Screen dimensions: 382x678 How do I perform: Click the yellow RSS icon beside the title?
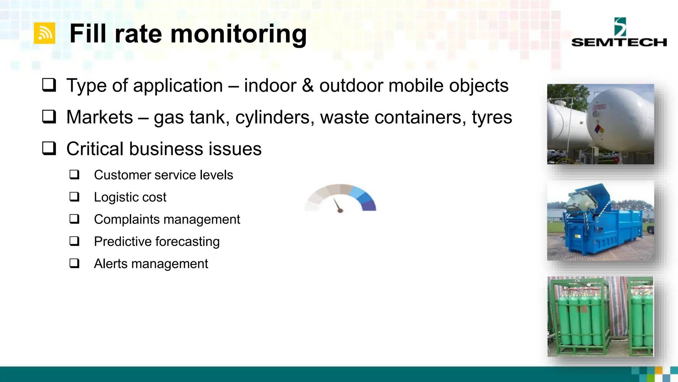click(44, 33)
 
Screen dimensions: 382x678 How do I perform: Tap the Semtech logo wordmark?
click(619, 42)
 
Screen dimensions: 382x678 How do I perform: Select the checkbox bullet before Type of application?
click(49, 85)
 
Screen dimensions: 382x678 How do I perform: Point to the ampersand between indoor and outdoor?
click(308, 86)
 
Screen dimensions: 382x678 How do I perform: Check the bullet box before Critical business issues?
click(49, 149)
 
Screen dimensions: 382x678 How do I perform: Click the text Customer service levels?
click(163, 175)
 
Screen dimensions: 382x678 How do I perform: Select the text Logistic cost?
click(130, 197)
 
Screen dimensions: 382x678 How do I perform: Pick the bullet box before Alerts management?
click(74, 264)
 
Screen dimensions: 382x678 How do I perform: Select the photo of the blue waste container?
click(600, 221)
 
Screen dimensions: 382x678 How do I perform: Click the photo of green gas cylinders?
click(600, 317)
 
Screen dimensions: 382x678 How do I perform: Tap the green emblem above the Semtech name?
click(620, 27)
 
